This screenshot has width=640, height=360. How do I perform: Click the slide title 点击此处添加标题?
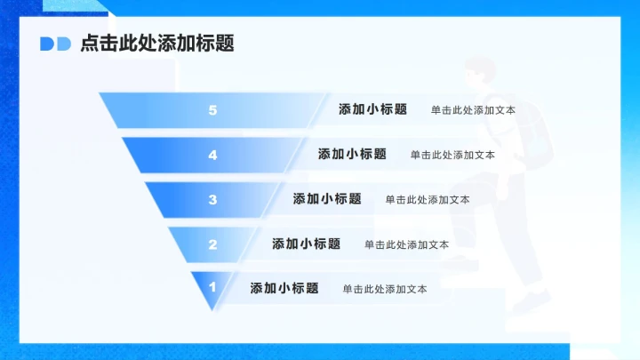[x=157, y=44]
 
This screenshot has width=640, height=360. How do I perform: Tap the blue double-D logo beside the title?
[x=55, y=44]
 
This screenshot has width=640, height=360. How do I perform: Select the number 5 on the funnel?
[x=212, y=110]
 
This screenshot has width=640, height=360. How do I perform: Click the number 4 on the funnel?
[x=212, y=155]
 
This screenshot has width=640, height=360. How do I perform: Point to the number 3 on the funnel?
[x=212, y=199]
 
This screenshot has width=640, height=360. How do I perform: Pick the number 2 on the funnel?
[x=212, y=244]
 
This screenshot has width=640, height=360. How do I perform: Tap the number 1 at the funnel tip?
[x=212, y=287]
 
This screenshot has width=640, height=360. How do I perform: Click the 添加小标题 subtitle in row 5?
[x=372, y=110]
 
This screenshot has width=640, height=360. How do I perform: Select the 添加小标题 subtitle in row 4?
[x=352, y=154]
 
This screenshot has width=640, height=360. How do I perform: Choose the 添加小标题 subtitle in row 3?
[x=327, y=199]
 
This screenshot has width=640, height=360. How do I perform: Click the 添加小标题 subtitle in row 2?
[x=306, y=244]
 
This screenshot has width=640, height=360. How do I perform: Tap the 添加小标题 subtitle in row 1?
[x=284, y=288]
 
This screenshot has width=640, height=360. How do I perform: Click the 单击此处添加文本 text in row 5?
[x=473, y=111]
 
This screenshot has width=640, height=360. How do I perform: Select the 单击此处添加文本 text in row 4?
[x=452, y=155]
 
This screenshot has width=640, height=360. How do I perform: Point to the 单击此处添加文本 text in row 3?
[x=428, y=200]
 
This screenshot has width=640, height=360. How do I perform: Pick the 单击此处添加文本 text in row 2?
[x=406, y=244]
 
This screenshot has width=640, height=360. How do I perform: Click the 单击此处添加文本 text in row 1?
[x=385, y=289]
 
